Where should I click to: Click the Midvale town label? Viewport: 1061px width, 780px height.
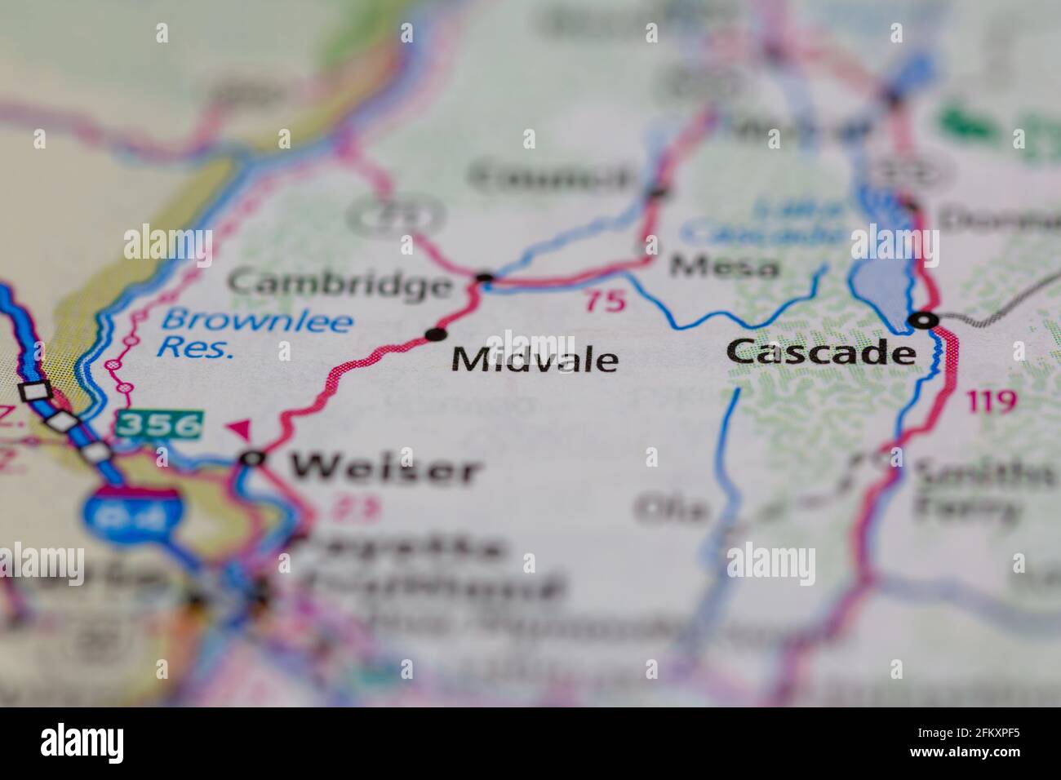coord(535,360)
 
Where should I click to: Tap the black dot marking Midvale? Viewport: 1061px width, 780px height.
coord(437,334)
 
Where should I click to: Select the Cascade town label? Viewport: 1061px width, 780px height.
coord(820,352)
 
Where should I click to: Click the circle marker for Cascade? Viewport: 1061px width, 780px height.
coord(924,321)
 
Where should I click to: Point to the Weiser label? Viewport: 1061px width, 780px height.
coord(384,468)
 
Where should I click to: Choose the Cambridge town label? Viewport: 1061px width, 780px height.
coord(340,284)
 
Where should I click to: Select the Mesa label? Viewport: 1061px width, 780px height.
coord(725,266)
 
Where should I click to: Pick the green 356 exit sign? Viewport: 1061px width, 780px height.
coord(158,424)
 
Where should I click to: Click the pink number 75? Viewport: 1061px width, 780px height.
coord(605,301)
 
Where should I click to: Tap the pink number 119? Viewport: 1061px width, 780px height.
coord(992,401)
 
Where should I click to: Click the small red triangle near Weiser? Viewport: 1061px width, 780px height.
coord(240,428)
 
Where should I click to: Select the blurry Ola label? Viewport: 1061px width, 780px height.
coord(672,508)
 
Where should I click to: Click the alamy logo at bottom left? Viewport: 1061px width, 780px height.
coord(82,743)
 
